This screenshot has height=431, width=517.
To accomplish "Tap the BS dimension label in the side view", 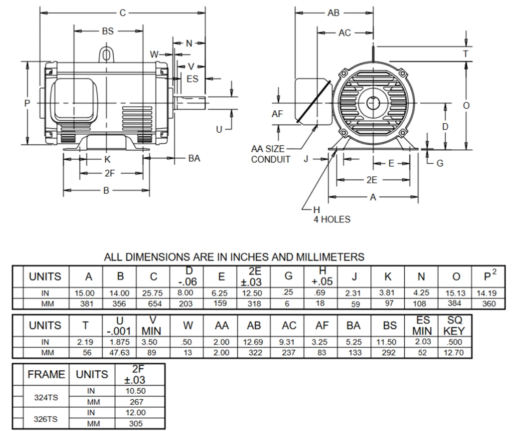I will (108, 31).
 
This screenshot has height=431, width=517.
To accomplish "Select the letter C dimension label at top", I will (123, 13).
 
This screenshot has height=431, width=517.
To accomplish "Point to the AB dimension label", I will (334, 13).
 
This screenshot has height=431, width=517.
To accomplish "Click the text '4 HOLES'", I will (332, 220).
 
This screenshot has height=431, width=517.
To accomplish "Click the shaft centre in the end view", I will (372, 103).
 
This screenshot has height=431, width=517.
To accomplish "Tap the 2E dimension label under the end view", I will (372, 180).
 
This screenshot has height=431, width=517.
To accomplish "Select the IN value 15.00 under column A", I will (85, 293).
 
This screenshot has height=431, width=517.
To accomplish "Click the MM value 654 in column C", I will (154, 304).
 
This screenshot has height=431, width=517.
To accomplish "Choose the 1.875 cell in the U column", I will (120, 342).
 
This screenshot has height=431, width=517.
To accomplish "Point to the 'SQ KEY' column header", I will (454, 325).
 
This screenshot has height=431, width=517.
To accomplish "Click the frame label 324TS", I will (46, 397).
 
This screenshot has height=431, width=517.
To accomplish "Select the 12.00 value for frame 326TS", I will (135, 413).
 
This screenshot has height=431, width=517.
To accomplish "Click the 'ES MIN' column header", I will (422, 325).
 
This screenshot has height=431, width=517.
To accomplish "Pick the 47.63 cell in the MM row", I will (120, 353).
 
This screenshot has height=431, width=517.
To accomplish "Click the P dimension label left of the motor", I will (27, 103).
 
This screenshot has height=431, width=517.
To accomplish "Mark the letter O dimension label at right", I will (466, 106).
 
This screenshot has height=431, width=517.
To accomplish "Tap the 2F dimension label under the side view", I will (110, 173).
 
